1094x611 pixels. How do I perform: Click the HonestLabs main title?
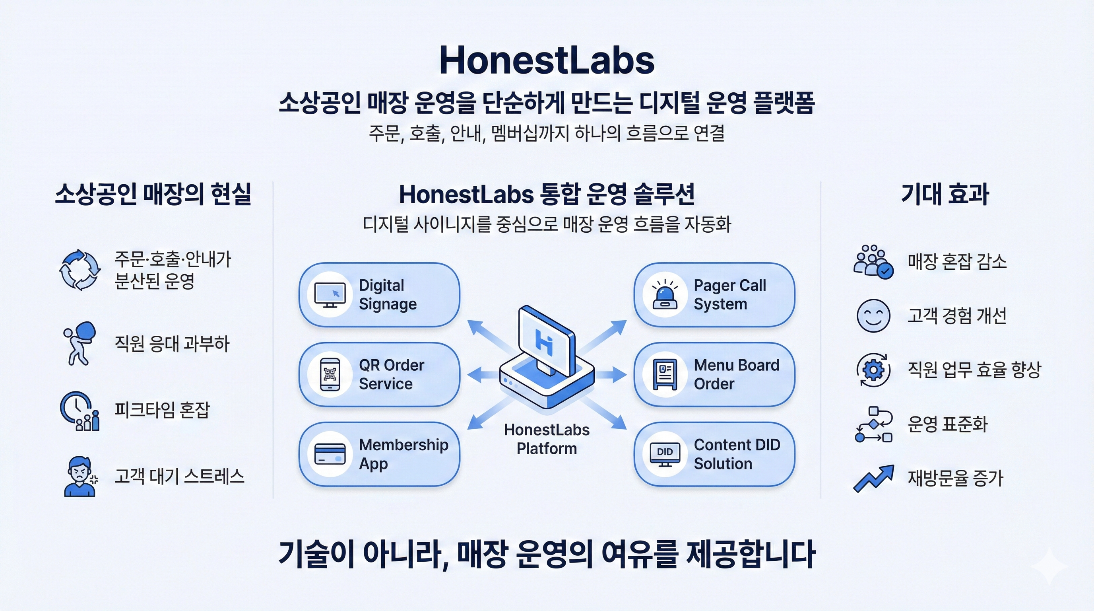(x=547, y=61)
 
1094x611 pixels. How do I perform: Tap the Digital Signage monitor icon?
(x=330, y=294)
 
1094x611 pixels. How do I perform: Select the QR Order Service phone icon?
(x=330, y=374)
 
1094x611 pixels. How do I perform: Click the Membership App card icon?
(x=330, y=454)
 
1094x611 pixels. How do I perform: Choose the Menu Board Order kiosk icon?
(x=665, y=374)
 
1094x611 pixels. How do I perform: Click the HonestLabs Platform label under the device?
(x=547, y=439)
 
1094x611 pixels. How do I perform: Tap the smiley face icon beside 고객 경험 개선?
(x=873, y=315)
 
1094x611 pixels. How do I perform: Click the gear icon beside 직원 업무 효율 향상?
(x=873, y=370)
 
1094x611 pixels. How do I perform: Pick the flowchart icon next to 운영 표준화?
(x=873, y=424)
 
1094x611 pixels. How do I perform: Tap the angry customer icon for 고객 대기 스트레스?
(x=80, y=476)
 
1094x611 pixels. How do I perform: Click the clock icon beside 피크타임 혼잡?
(x=79, y=411)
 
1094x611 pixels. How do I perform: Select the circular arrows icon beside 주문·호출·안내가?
(x=80, y=269)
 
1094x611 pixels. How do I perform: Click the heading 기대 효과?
(x=945, y=194)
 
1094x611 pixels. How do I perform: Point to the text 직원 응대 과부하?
(x=172, y=343)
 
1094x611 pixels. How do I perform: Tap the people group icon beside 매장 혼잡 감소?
(x=873, y=261)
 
